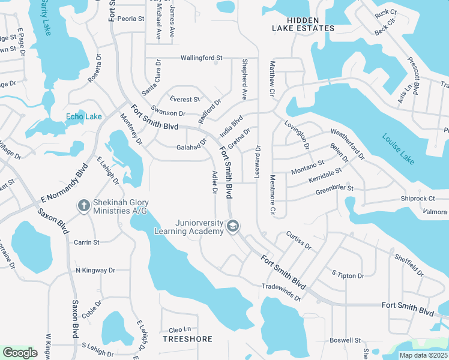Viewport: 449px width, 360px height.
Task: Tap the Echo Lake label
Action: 84,116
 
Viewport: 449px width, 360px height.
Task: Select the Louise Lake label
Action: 398,148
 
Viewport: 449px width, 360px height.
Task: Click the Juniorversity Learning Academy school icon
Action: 233,226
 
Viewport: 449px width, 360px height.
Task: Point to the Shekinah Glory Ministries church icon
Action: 84,206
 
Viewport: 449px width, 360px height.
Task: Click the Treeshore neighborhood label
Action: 188,339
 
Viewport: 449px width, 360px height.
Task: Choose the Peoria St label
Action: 131,19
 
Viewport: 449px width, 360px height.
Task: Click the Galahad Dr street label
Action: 191,148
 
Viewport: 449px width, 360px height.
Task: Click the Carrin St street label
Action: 86,242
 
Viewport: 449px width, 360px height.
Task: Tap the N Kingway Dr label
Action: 95,271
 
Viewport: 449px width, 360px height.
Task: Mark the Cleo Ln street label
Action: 179,329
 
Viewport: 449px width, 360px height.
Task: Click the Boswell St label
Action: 345,340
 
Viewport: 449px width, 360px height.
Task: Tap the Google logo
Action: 20,353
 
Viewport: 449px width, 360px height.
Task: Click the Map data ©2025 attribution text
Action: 423,355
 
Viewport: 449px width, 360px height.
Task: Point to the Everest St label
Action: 184,100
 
